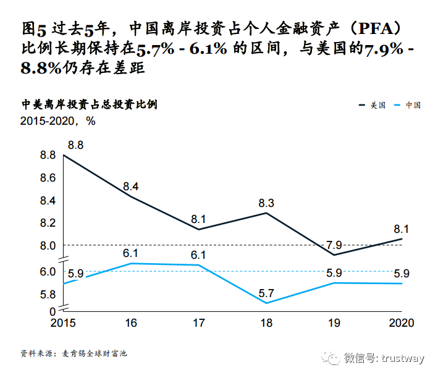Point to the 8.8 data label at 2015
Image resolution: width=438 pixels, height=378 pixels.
[x=75, y=145]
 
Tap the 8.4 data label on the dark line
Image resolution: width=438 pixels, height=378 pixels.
[x=131, y=186]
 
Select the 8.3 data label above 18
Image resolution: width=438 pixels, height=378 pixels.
[x=266, y=202]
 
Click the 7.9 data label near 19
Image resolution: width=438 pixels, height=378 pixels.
[x=334, y=245]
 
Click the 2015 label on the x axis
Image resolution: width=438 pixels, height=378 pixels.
[x=63, y=322]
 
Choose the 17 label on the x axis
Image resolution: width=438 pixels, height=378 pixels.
[x=199, y=322]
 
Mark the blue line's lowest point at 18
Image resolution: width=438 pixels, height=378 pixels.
[x=266, y=303]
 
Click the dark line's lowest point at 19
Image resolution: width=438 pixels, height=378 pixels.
[x=334, y=254]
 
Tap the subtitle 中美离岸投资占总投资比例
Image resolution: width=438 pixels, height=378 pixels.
[x=89, y=104]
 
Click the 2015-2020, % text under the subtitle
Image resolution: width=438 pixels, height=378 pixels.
[x=58, y=121]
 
